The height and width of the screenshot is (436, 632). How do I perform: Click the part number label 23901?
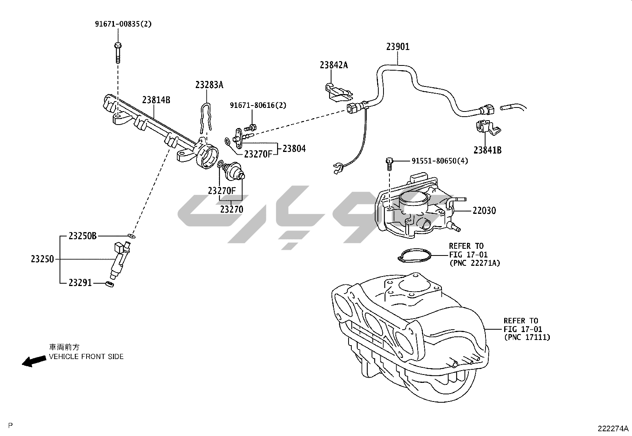click(x=398, y=47)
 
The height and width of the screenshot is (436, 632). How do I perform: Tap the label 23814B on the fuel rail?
click(x=156, y=100)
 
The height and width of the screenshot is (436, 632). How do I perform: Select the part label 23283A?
click(x=209, y=85)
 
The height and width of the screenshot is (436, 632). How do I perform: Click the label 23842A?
click(x=334, y=65)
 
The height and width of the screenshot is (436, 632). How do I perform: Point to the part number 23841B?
click(x=487, y=150)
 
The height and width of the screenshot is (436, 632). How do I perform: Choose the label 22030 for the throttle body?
click(x=484, y=211)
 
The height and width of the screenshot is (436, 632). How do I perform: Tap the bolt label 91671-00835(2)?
click(x=123, y=24)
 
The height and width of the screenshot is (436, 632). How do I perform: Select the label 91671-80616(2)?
click(x=258, y=106)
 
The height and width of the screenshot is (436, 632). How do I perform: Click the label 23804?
click(x=294, y=149)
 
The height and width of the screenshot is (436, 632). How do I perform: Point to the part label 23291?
click(x=80, y=283)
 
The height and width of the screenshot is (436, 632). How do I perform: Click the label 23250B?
click(x=83, y=236)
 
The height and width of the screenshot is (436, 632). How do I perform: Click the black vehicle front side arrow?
click(x=33, y=361)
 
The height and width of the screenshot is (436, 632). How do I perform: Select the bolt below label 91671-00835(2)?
click(x=118, y=53)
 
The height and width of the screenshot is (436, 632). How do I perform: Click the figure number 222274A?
click(x=613, y=428)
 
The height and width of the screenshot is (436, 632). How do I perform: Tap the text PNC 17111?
click(x=527, y=338)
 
